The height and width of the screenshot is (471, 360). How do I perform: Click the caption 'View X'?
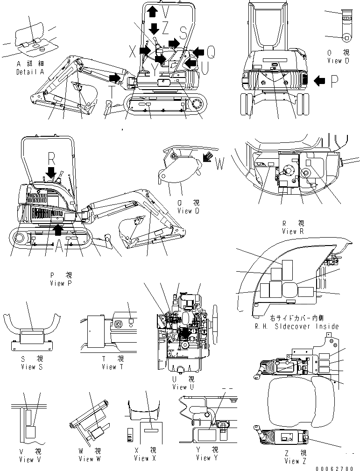coord(141,458)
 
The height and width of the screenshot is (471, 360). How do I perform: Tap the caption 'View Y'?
coord(203,458)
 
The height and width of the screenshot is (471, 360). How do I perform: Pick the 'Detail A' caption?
coord(30,72)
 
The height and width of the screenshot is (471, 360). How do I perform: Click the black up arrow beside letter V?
coord(152,11)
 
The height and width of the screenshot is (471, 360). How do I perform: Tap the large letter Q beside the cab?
coord(211,52)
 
